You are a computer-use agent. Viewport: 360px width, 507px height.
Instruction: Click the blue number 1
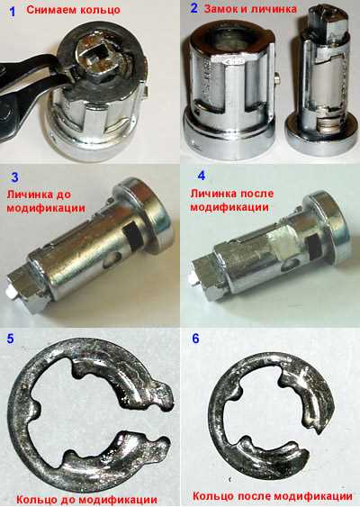(13, 12)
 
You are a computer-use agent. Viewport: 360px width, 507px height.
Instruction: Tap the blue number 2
(193, 8)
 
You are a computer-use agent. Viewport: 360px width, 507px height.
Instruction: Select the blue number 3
(15, 177)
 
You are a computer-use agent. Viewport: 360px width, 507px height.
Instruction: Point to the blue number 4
(202, 176)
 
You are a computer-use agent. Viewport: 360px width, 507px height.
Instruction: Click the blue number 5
(10, 339)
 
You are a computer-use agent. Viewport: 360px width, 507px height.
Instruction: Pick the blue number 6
(195, 339)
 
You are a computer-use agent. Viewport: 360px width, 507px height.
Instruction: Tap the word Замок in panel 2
(220, 9)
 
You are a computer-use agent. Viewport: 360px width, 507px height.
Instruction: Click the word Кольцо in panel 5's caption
(34, 500)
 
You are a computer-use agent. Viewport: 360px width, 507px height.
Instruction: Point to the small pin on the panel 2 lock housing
(276, 78)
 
